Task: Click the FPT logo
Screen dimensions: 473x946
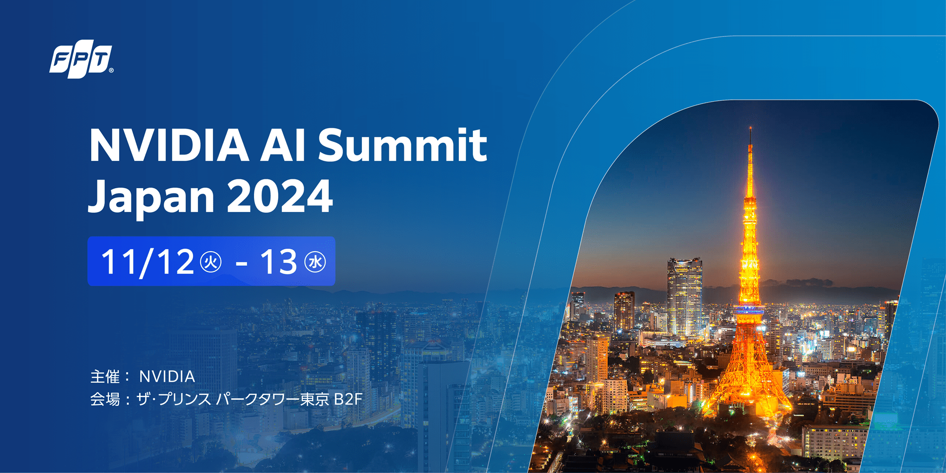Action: (81, 61)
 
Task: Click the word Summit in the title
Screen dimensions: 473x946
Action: (402, 145)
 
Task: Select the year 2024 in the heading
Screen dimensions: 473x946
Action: (280, 196)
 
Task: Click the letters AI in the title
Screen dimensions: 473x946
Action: (283, 145)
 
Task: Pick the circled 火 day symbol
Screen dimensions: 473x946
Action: (211, 262)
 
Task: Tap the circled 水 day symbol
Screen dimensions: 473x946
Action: (315, 262)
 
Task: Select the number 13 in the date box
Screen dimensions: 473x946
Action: (279, 262)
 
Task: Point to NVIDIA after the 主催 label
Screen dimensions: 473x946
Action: (167, 377)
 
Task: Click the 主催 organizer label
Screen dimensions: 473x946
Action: (105, 377)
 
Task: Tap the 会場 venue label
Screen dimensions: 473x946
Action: (105, 399)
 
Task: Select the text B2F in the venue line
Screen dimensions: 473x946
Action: (348, 399)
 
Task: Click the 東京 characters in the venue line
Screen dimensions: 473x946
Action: (315, 399)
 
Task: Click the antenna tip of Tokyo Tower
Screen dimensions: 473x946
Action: (751, 129)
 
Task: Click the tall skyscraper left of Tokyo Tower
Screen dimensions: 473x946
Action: (684, 293)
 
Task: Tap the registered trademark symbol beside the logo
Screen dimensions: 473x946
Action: (111, 70)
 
